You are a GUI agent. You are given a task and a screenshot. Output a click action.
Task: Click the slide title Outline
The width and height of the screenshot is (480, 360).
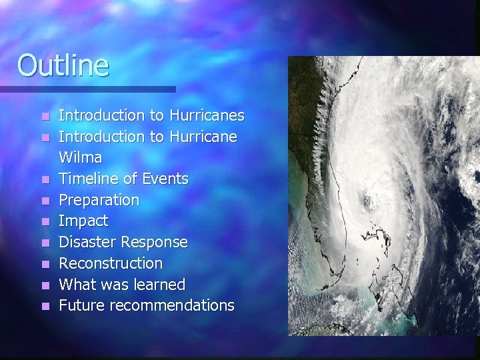[63, 65]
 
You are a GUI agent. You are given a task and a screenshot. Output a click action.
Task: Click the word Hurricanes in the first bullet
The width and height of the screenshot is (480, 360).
[207, 115]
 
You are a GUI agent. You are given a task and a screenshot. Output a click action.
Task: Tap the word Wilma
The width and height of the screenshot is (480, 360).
[80, 158]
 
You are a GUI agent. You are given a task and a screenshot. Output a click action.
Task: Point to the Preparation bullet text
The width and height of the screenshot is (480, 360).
[99, 200]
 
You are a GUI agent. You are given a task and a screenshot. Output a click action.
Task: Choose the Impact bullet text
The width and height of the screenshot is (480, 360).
[83, 221]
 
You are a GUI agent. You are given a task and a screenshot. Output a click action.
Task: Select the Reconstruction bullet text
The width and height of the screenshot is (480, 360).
[111, 263]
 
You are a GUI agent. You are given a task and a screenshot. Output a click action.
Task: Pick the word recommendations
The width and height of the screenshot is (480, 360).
[172, 305]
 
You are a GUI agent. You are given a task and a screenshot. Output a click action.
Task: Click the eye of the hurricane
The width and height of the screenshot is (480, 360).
[367, 201]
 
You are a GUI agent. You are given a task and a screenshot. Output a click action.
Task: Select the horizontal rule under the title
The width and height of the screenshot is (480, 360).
[87, 89]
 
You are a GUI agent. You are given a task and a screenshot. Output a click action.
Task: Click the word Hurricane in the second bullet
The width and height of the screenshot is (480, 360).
[203, 137]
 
